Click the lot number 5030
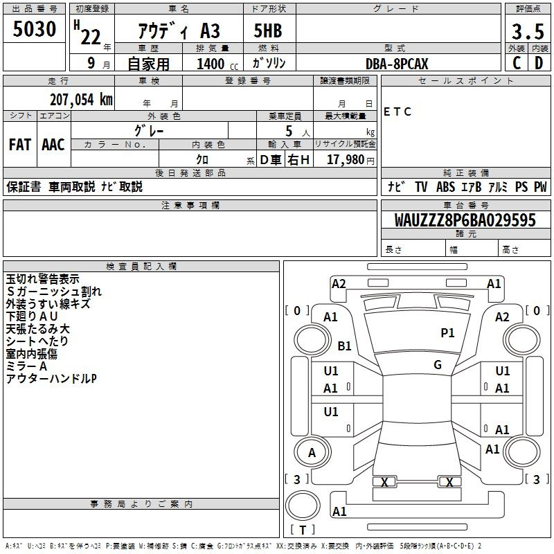34,29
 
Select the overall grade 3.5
528,31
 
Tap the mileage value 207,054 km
81,100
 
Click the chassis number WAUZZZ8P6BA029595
465,220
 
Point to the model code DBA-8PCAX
397,64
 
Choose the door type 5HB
268,30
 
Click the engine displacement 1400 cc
217,64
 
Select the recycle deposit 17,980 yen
350,160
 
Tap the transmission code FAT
20,145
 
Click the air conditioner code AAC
53,145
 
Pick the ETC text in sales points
397,111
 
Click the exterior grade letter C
517,63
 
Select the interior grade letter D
539,63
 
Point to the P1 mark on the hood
447,332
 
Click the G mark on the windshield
438,364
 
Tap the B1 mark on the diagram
344,346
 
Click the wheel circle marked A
312,452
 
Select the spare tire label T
303,530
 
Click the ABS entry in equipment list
445,187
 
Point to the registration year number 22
91,37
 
